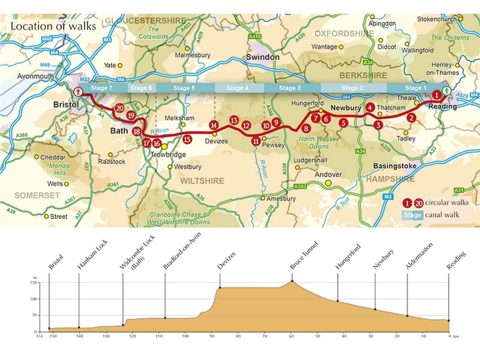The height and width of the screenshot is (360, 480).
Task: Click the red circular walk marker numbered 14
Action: point(214,125)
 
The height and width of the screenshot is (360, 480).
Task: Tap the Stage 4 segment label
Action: point(237,88)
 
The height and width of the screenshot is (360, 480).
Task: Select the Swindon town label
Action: point(263,57)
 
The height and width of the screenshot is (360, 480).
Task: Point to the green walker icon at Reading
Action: point(446,91)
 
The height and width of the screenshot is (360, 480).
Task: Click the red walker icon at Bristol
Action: point(78,92)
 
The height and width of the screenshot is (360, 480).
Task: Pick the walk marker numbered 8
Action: point(306,129)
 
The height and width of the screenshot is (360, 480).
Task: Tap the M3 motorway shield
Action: point(388,196)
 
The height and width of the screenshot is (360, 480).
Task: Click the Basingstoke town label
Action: point(395,166)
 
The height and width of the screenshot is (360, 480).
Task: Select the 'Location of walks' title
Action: point(53,26)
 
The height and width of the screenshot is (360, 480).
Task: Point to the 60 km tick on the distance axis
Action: point(291,336)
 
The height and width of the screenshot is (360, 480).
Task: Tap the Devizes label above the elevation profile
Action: point(226,261)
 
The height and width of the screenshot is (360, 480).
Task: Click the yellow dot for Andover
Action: point(328,183)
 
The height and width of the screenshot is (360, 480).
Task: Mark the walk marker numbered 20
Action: point(119,108)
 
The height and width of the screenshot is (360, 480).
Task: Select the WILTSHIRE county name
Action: point(202,181)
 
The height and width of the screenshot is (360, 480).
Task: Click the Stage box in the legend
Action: point(412,215)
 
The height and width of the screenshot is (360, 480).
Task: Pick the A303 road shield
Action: point(300,186)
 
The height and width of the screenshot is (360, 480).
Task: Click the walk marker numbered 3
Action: point(378,125)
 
